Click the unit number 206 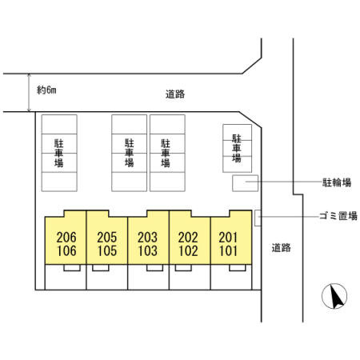pos(66,237)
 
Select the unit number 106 pos(66,250)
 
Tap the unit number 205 pos(107,237)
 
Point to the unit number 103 pos(147,250)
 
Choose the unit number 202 pos(188,237)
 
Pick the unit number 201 pos(228,237)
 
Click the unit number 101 pos(228,250)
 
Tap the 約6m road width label pos(46,90)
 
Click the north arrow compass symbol pos(334,296)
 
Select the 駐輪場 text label pos(337,182)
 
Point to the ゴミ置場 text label pos(338,216)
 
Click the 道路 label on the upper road pos(175,94)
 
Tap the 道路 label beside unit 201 pos(281,248)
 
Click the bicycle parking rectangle pos(245,183)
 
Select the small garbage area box pos(258,218)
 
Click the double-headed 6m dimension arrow pos(29,92)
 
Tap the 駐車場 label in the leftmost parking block pos(59,153)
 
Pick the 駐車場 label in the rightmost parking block pos(237,148)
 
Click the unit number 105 pos(107,250)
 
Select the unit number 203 pos(147,237)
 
